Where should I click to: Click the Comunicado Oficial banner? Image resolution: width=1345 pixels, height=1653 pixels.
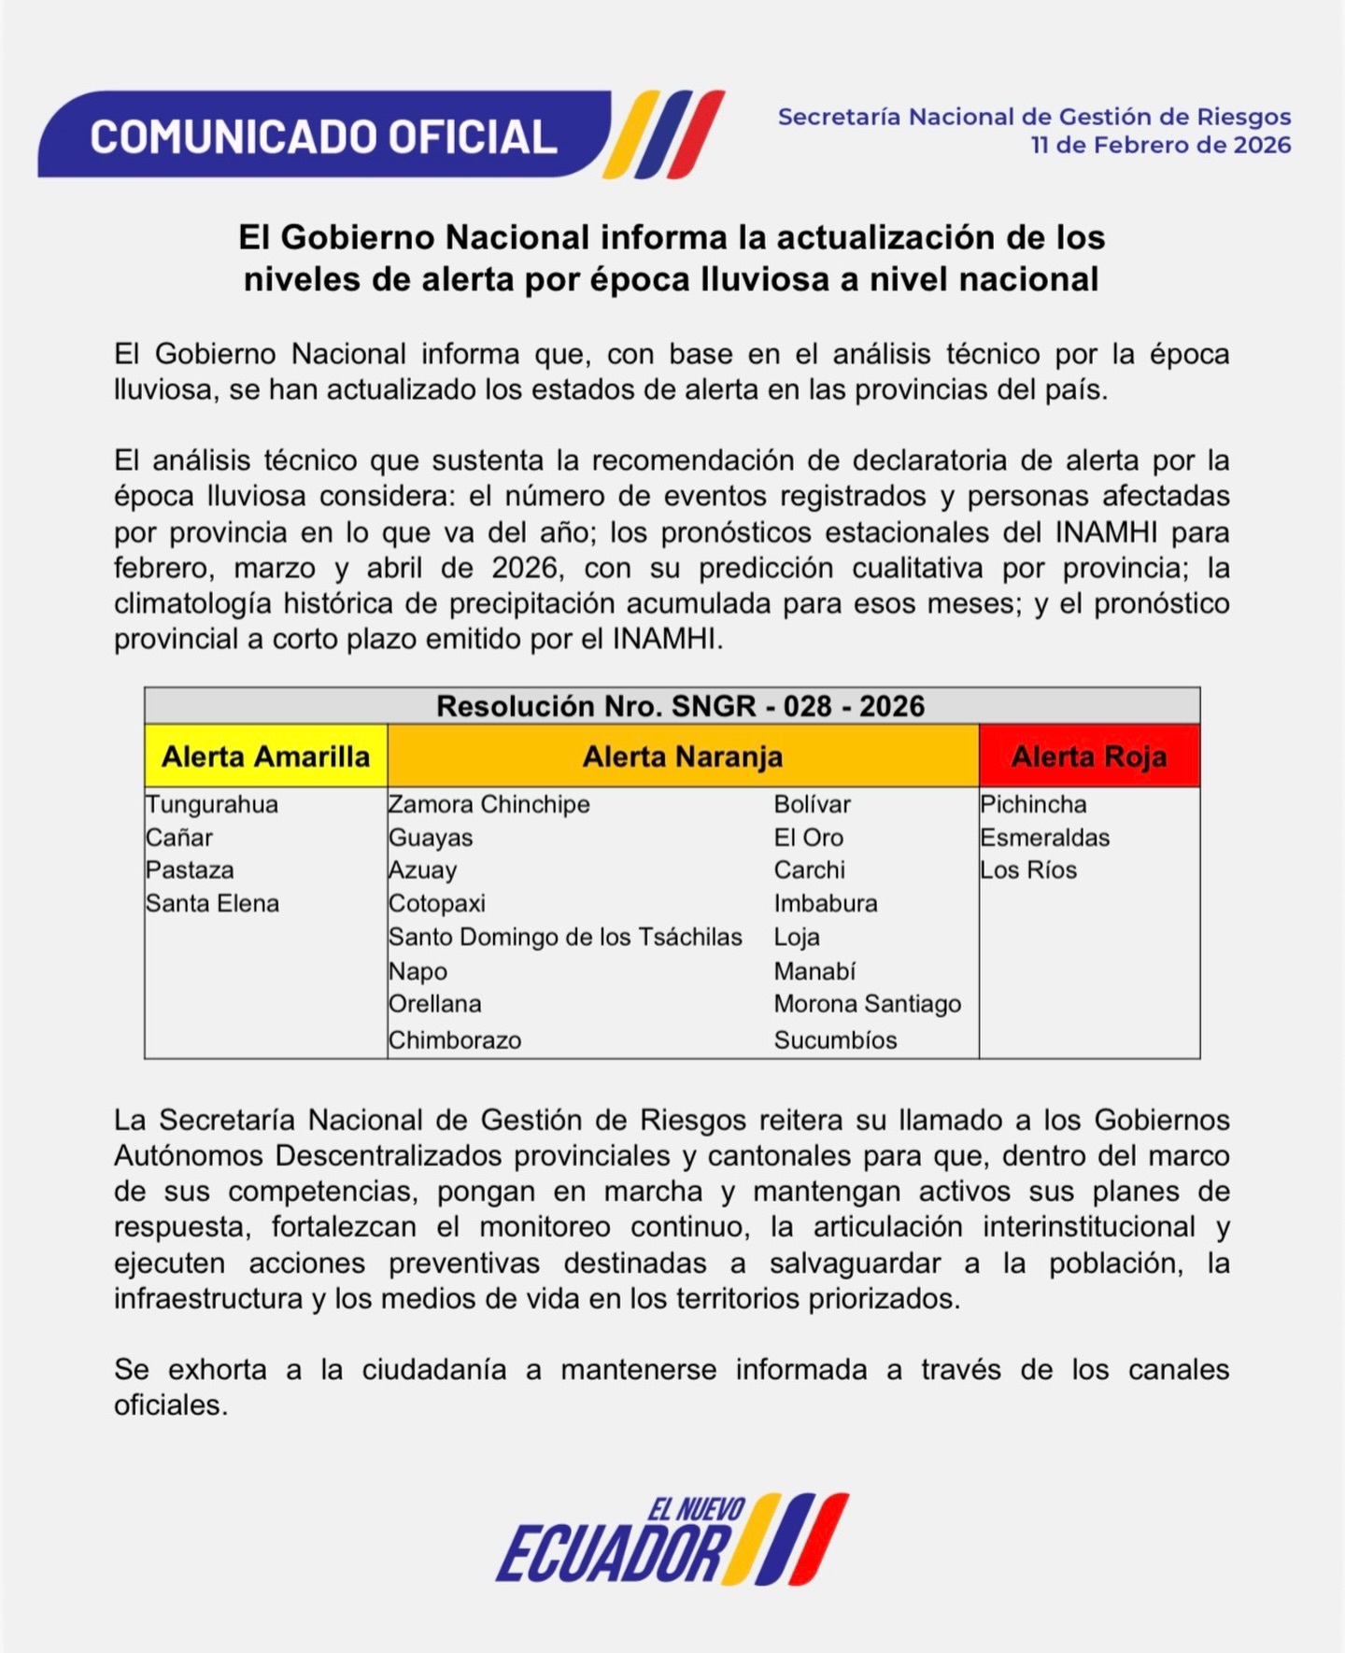pyautogui.click(x=323, y=135)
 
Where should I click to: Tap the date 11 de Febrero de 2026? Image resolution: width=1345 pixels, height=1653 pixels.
pyautogui.click(x=1160, y=146)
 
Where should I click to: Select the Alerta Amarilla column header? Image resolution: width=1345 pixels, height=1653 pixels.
pyautogui.click(x=266, y=756)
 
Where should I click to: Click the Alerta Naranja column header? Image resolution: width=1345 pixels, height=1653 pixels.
pyautogui.click(x=683, y=756)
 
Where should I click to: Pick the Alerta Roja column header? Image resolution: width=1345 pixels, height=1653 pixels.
pyautogui.click(x=1089, y=756)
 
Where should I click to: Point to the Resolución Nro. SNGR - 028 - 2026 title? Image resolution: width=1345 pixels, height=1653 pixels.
pyautogui.click(x=680, y=706)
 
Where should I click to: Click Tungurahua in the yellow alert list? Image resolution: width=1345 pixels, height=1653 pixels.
pyautogui.click(x=212, y=804)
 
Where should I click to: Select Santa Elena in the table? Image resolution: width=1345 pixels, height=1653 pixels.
pyautogui.click(x=212, y=903)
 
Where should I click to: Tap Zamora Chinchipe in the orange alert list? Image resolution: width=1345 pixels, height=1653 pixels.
pyautogui.click(x=489, y=804)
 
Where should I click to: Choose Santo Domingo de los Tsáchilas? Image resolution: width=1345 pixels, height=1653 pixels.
pyautogui.click(x=565, y=937)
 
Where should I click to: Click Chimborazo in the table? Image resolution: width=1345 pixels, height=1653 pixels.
pyautogui.click(x=455, y=1039)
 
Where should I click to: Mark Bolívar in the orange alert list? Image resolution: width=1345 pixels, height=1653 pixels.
pyautogui.click(x=812, y=804)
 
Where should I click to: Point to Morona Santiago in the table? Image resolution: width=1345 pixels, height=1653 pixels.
pyautogui.click(x=867, y=1004)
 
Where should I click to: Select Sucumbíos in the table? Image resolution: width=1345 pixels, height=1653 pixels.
pyautogui.click(x=835, y=1039)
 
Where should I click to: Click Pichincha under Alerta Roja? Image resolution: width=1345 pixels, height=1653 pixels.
pyautogui.click(x=1033, y=804)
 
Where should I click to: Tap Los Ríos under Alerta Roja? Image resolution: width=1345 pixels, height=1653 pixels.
pyautogui.click(x=1028, y=870)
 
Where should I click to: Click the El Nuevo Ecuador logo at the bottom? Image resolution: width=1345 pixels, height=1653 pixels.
pyautogui.click(x=672, y=1538)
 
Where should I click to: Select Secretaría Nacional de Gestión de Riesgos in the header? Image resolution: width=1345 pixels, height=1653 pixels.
pyautogui.click(x=1034, y=117)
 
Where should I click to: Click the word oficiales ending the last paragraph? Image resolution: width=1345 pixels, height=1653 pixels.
pyautogui.click(x=171, y=1406)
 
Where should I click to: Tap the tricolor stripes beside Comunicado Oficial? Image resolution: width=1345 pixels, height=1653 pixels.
pyautogui.click(x=664, y=134)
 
